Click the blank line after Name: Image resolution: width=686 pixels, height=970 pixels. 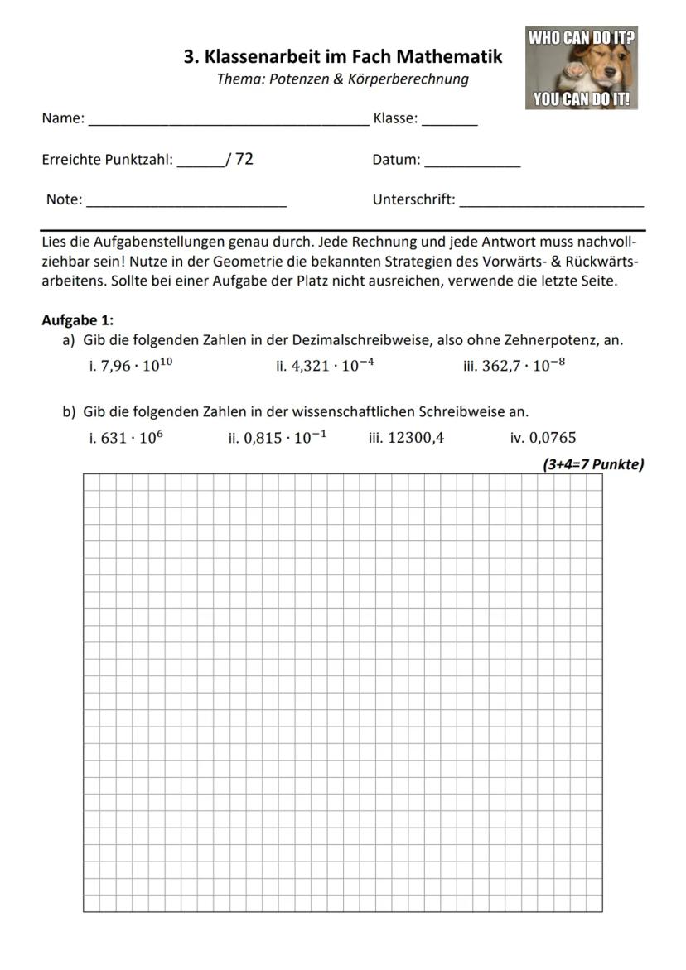pos(229,122)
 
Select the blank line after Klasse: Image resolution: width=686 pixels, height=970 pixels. pos(450,122)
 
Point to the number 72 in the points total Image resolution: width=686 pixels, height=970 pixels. pos(244,159)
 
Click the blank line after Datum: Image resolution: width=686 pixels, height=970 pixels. pos(472,164)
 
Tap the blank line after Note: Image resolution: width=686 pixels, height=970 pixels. pos(187,203)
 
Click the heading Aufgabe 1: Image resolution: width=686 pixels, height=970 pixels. pos(78,320)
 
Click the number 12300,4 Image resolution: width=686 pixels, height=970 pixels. pos(416,439)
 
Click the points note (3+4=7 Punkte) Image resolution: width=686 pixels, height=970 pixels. pos(593,464)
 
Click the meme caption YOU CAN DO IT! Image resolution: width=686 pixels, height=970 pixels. pos(582,100)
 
